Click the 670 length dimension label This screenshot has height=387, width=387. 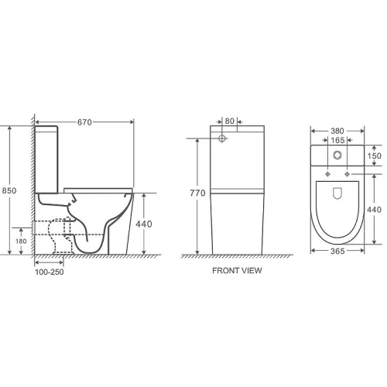84,122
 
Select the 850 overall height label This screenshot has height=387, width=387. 9,190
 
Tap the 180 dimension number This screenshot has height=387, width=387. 21,241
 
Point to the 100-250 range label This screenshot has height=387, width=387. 50,272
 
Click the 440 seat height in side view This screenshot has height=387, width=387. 144,224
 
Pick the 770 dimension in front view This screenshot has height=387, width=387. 197,193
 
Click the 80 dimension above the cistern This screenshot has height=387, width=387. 229,121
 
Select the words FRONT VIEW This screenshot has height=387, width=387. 237,270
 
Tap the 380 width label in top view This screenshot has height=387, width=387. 337,131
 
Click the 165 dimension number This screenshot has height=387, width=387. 337,140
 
